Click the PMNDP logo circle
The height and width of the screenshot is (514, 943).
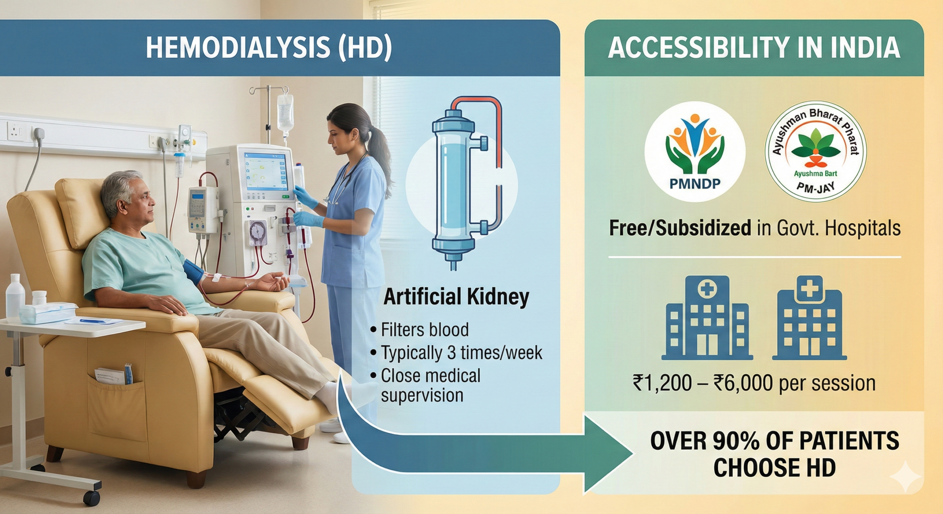pyautogui.click(x=695, y=152)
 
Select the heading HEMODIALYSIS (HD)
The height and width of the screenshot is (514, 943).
pyautogui.click(x=269, y=48)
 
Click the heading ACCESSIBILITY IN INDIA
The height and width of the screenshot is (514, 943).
pyautogui.click(x=754, y=48)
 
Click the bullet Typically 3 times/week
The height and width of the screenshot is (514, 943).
pyautogui.click(x=456, y=352)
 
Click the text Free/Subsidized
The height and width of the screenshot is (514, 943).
pyautogui.click(x=680, y=228)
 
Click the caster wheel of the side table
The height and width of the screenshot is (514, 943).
pyautogui.click(x=92, y=497)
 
